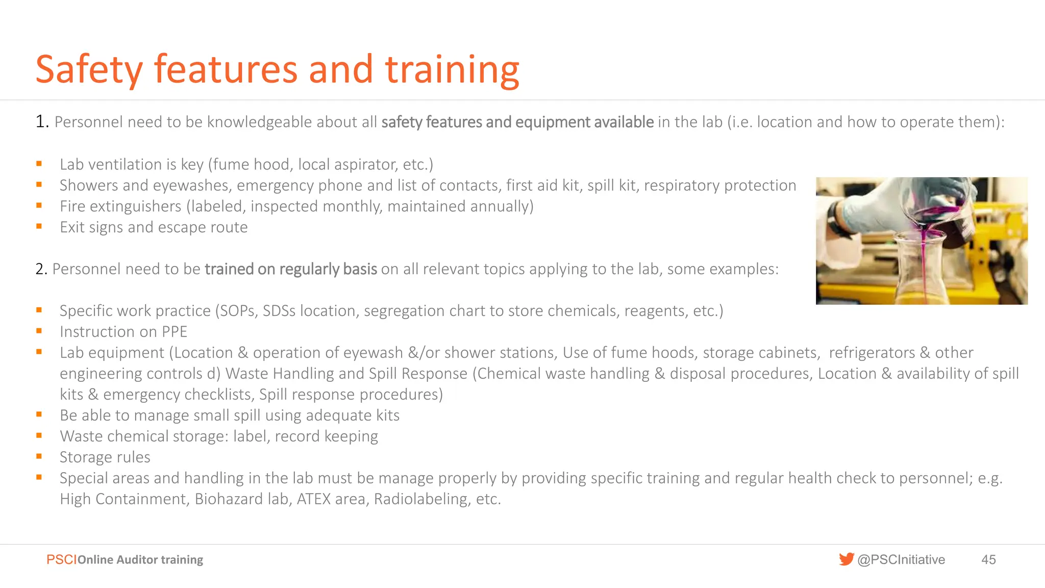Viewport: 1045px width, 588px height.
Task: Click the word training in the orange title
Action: coord(452,70)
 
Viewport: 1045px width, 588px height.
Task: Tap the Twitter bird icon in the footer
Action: coord(846,559)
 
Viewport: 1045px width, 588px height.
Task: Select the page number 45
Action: coord(988,560)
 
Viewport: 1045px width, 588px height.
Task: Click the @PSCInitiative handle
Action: coord(901,560)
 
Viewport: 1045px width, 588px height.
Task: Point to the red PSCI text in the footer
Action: coord(61,560)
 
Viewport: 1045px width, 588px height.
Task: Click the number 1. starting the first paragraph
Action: coord(42,122)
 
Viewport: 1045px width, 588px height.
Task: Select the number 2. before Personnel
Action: coord(41,269)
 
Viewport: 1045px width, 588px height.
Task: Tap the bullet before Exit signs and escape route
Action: coord(39,227)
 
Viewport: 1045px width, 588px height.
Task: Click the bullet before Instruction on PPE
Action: coord(39,331)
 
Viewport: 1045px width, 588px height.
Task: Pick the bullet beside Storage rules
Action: coord(39,457)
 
